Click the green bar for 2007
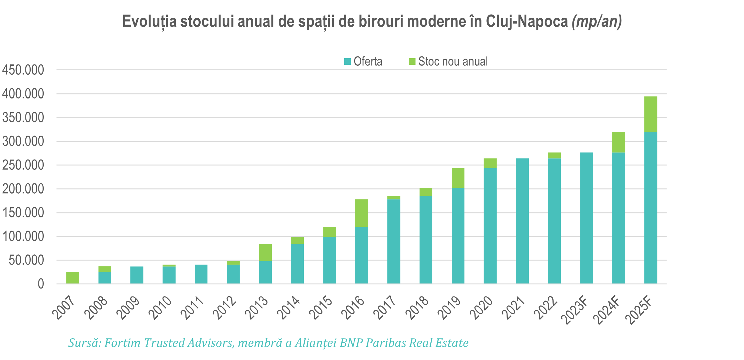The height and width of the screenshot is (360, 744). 72,278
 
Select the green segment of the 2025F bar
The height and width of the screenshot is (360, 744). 650,114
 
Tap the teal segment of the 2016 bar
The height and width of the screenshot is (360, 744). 362,255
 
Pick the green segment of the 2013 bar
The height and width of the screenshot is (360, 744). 265,252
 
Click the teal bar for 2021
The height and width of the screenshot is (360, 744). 522,221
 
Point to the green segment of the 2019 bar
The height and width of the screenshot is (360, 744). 458,178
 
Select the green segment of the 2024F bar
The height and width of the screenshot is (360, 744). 618,142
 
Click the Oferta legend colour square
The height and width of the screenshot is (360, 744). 347,61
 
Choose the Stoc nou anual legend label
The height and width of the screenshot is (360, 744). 453,61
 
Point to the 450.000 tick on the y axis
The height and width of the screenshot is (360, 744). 23,70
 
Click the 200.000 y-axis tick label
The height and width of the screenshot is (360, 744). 23,189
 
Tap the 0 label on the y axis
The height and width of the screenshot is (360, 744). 41,284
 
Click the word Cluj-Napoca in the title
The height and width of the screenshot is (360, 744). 527,21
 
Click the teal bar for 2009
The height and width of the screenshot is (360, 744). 137,275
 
